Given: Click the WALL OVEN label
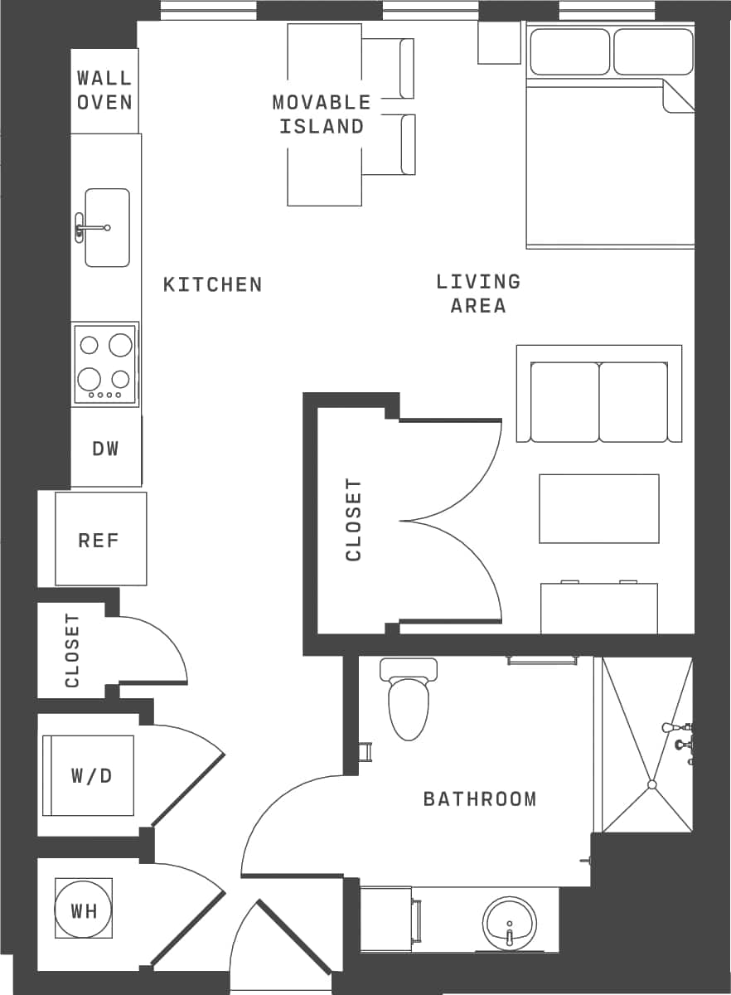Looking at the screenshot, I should coord(104,90).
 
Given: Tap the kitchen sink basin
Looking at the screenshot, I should coord(108,227).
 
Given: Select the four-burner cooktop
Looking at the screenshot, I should coord(105,364).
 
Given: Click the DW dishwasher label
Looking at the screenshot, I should coord(106,449).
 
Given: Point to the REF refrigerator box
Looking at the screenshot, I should coord(100,540).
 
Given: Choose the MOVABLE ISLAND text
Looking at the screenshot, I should coord(322,114).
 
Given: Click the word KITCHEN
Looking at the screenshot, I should coord(213,285).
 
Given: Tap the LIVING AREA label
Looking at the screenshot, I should coord(478,294).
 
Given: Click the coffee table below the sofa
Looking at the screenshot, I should coord(599,508).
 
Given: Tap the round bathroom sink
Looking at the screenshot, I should coord(510,923).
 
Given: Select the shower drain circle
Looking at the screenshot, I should coord(652,784).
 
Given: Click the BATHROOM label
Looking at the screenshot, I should coord(480,799).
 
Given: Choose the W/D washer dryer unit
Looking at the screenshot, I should coord(90,776).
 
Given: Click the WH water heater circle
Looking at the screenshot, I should coord(84,910).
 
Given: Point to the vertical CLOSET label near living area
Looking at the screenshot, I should coord(354,520).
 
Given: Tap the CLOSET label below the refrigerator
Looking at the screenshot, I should coord(72,650).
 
